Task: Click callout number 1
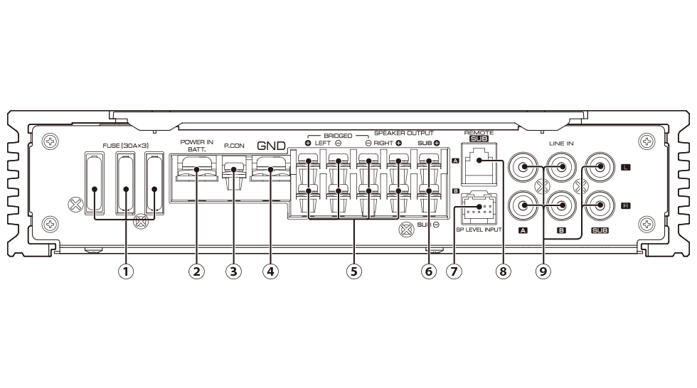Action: pyautogui.click(x=127, y=271)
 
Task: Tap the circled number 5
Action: pyautogui.click(x=353, y=271)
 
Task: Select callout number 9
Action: pyautogui.click(x=544, y=271)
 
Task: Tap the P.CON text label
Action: pyautogui.click(x=233, y=146)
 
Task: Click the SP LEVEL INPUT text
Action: pyautogui.click(x=479, y=230)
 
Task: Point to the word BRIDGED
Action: pyautogui.click(x=337, y=134)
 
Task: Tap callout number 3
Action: pyautogui.click(x=232, y=271)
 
